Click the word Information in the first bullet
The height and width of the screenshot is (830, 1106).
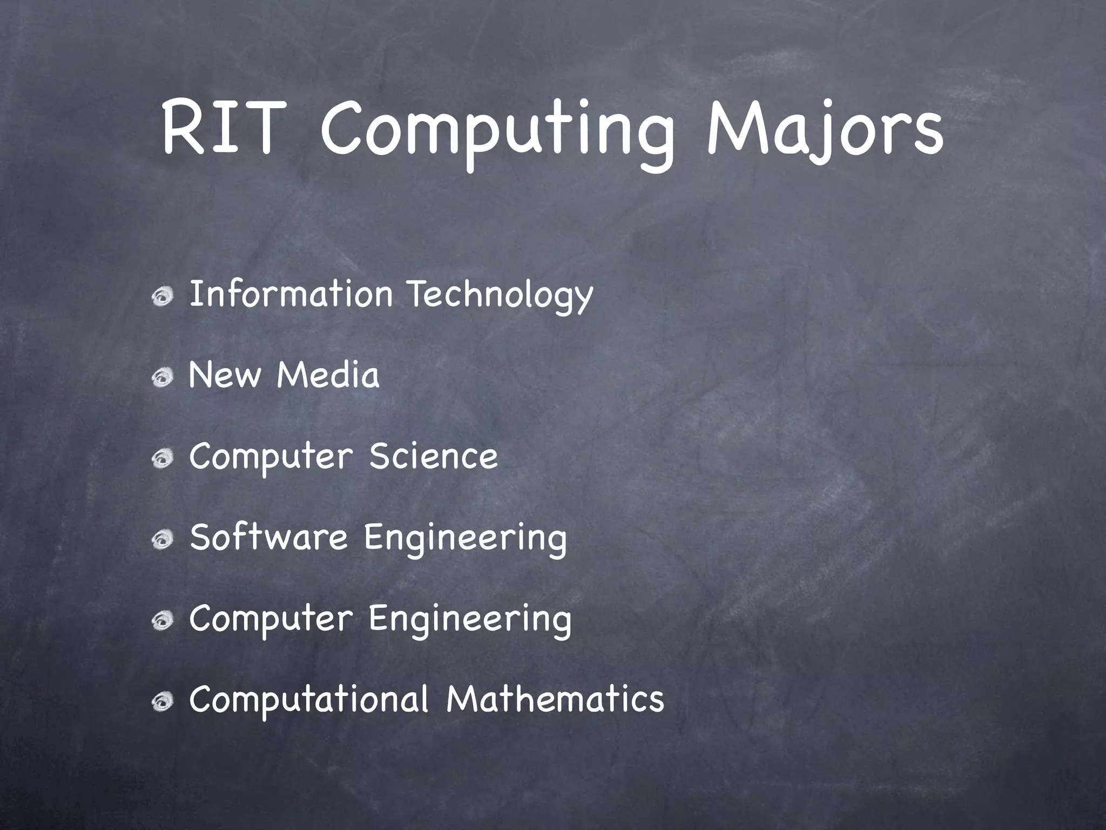pyautogui.click(x=291, y=295)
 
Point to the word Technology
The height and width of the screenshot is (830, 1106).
pyautogui.click(x=500, y=297)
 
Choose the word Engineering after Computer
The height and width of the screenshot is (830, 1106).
pyautogui.click(x=469, y=620)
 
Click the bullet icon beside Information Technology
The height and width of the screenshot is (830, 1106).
pyautogui.click(x=162, y=297)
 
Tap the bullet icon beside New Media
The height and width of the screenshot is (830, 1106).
pyautogui.click(x=162, y=378)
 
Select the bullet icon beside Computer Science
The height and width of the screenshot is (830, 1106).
pyautogui.click(x=162, y=459)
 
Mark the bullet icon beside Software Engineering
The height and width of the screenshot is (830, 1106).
pyautogui.click(x=162, y=540)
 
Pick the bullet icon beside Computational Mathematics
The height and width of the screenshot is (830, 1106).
pyautogui.click(x=162, y=702)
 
